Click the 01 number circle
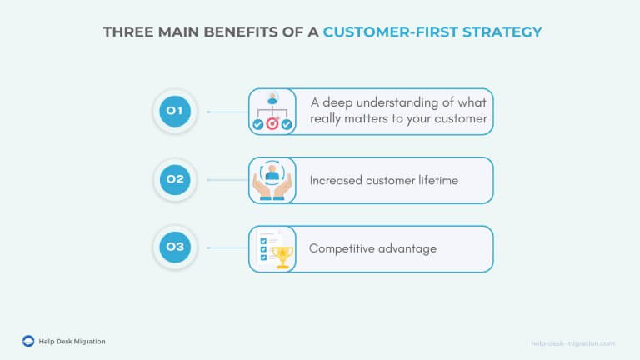click(x=175, y=111)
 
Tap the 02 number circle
click(x=175, y=179)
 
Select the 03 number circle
click(x=175, y=247)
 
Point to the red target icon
click(x=272, y=125)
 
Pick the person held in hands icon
click(x=272, y=180)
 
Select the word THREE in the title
click(x=126, y=32)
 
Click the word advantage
click(x=410, y=248)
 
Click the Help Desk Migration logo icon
click(x=28, y=341)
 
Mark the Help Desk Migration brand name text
click(x=72, y=341)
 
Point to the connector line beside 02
click(x=227, y=179)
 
